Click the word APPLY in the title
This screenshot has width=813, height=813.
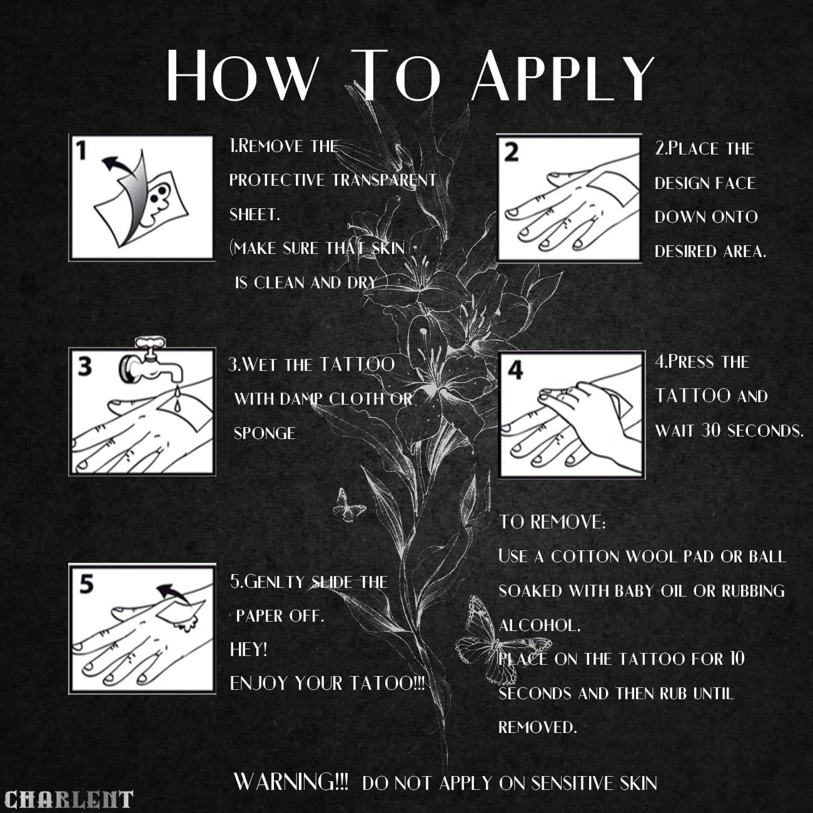click(563, 75)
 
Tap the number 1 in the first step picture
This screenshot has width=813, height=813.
click(81, 151)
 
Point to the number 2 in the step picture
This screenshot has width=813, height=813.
click(511, 153)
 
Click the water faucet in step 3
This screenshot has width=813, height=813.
click(152, 358)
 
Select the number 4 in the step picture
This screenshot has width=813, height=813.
click(515, 370)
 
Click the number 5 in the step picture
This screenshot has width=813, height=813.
click(86, 585)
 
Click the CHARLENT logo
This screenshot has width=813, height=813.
click(68, 799)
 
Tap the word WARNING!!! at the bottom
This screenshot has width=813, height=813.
click(291, 781)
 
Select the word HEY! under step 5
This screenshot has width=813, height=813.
click(248, 650)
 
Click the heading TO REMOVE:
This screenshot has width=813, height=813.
click(552, 522)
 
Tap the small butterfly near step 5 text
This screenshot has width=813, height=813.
click(348, 506)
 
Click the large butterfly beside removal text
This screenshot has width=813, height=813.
click(502, 641)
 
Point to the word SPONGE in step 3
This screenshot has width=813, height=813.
click(265, 433)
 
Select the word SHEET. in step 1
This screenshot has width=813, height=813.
click(255, 215)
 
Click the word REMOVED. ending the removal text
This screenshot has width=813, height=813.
click(537, 727)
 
